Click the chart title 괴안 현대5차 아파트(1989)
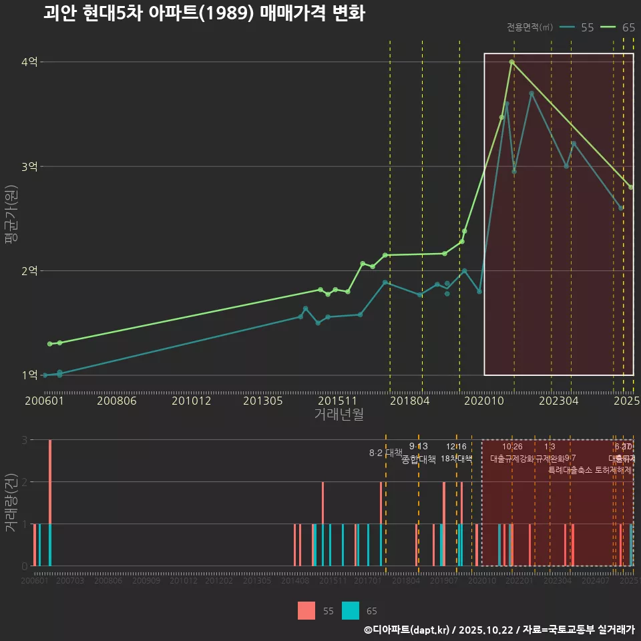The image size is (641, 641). pos(204,13)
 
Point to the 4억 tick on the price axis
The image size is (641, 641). pos(29,62)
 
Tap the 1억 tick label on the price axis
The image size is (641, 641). pos(29,375)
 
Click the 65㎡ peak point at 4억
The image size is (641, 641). pos(511,62)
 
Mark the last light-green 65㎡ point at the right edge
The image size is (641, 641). pos(630,187)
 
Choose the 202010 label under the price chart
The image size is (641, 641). pos(483,401)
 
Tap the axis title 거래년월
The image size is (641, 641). pos(339,415)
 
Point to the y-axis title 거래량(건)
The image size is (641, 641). pos(11,502)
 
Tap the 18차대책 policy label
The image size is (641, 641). pos(456,459)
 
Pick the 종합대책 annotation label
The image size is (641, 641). pos(419,459)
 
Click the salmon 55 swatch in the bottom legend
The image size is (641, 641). pos(306,610)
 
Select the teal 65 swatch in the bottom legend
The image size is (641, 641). pos(351,610)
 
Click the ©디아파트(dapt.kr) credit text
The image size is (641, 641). pos(407,630)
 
